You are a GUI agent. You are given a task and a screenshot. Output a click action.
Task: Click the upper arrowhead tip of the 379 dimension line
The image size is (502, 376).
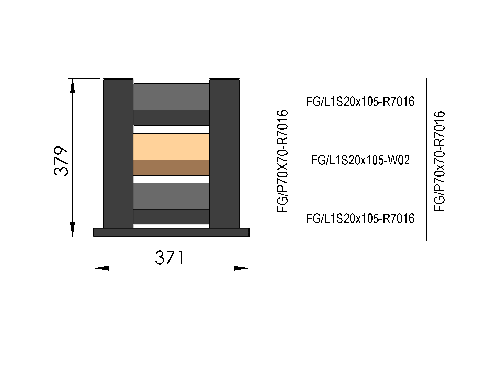point(72,79)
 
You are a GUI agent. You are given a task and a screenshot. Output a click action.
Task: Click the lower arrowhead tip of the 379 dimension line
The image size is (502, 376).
point(72,236)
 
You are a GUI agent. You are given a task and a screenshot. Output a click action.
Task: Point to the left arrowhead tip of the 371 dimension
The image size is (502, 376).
point(94,268)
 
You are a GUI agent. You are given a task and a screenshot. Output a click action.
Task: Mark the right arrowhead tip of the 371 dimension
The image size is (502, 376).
point(249,268)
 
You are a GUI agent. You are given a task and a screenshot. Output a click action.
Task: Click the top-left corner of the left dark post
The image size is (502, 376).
point(104,78)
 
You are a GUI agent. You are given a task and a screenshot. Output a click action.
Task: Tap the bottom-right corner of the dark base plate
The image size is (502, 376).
point(250,237)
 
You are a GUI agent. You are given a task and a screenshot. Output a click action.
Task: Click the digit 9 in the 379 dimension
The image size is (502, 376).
point(61,154)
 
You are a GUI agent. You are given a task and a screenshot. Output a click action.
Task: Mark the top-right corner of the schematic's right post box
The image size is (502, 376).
point(452,78)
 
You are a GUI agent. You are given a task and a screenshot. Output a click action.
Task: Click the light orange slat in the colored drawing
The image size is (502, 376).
point(171,147)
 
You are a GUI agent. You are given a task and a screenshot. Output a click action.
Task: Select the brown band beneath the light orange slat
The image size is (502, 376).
point(171,167)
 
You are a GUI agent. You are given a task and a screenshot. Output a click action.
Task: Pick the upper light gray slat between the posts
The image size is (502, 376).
point(171,97)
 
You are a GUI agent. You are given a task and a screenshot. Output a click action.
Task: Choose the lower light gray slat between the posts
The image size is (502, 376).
point(171,196)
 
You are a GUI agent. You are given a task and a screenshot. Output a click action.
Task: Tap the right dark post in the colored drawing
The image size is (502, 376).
point(224,153)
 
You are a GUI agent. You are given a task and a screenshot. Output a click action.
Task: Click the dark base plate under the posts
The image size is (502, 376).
point(171,232)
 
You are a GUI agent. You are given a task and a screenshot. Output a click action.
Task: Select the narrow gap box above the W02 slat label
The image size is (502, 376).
point(361,130)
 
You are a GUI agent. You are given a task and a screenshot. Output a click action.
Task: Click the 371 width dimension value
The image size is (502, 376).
point(170,258)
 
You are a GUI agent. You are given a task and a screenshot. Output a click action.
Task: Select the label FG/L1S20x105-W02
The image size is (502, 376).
point(360,160)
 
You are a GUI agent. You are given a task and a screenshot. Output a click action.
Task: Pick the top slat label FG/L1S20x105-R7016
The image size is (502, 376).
point(360,101)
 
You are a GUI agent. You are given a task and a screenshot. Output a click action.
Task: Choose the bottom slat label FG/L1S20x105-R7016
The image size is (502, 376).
point(360,218)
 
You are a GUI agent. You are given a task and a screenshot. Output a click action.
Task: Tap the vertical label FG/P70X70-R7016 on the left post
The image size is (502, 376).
point(282,161)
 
